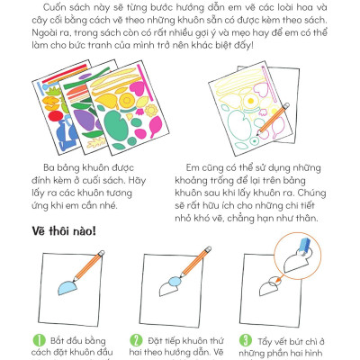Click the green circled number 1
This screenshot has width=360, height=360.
(x=39, y=340)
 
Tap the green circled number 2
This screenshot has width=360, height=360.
(x=136, y=340)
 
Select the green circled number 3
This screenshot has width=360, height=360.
(x=246, y=340)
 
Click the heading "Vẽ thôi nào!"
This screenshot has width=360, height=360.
(x=64, y=231)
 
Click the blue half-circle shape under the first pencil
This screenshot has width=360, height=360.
(x=67, y=287)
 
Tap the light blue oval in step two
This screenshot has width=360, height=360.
(x=175, y=282)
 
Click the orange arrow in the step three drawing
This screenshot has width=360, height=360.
(x=279, y=280)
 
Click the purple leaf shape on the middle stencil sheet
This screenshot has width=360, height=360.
(x=83, y=119)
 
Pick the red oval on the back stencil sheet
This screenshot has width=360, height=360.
(x=55, y=116)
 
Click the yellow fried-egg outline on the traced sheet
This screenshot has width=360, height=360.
(x=249, y=101)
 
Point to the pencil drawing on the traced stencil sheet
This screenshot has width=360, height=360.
(x=273, y=118)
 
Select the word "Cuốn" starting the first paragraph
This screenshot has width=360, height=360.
(x=55, y=7)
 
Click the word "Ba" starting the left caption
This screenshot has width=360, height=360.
(x=49, y=167)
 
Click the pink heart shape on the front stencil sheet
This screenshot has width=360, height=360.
(x=137, y=88)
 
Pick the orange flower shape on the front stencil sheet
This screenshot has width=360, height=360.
(x=150, y=111)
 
